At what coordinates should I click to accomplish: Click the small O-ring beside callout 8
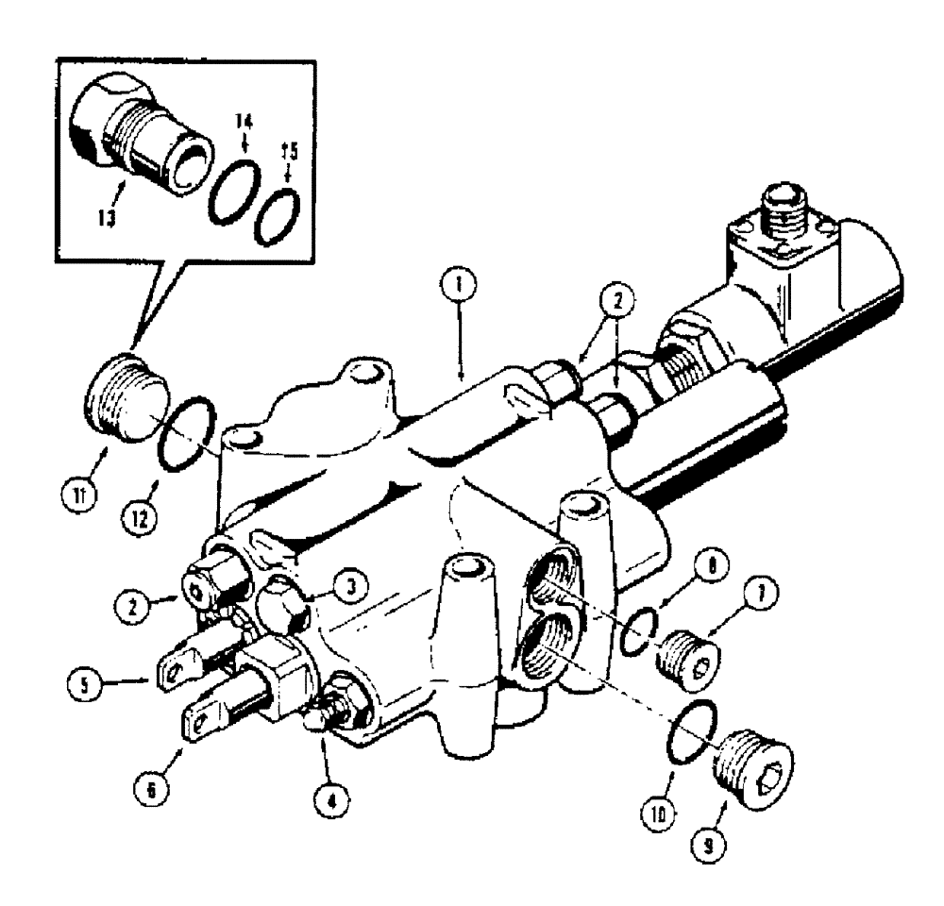coord(642,636)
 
